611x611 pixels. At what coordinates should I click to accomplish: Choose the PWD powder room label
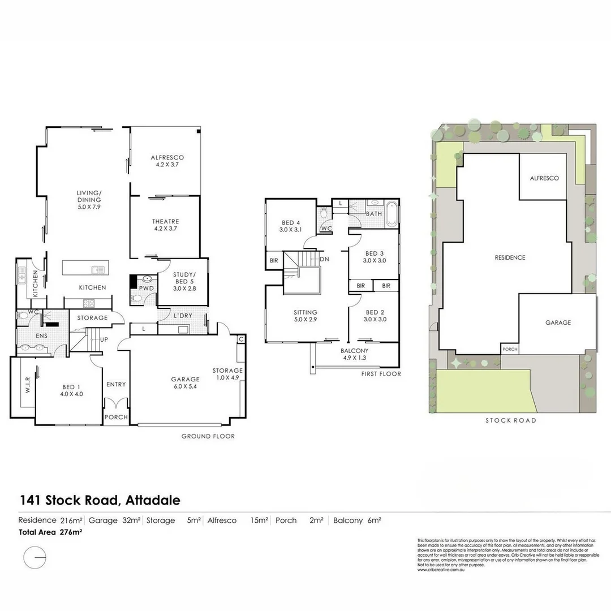[x=147, y=288]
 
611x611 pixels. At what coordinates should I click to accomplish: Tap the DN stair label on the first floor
[x=324, y=260]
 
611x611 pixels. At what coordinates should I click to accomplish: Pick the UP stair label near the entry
[x=104, y=339]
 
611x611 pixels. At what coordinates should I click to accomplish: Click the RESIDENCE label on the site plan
[x=510, y=257]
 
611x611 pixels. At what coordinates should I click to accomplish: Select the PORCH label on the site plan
[x=510, y=350]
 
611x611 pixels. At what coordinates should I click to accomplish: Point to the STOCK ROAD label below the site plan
[x=510, y=420]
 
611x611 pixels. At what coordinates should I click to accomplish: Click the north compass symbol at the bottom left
[x=35, y=558]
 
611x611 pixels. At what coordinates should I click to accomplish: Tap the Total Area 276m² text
[x=51, y=531]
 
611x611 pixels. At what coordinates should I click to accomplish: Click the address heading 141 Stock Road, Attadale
[x=100, y=500]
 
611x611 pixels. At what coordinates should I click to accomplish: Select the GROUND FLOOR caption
[x=208, y=436]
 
